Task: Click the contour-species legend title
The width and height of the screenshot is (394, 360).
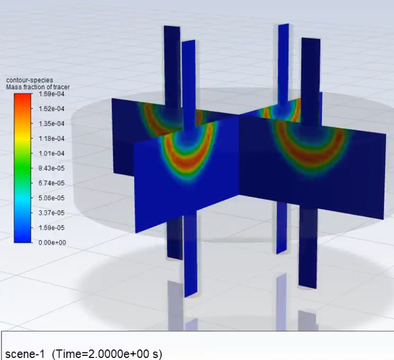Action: point(29,80)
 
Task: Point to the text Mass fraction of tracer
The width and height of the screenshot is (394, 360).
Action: point(38,87)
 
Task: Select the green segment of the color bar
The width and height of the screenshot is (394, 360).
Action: point(23,160)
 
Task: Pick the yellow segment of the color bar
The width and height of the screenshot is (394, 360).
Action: point(23,135)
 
